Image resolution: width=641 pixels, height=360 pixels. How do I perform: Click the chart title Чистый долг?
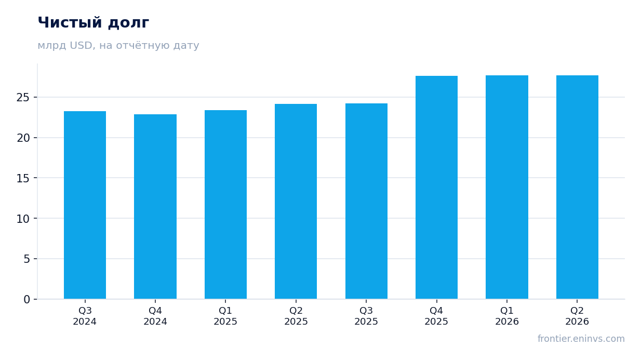[x=94, y=23]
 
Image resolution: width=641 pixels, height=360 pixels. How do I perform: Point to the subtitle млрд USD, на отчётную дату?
[x=118, y=46]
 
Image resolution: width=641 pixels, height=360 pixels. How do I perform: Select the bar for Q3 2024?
[x=85, y=205]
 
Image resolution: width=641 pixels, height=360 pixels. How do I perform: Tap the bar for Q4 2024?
[x=155, y=207]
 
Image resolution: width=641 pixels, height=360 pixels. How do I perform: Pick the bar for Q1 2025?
[x=225, y=205]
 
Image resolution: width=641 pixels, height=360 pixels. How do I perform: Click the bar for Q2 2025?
[x=296, y=202]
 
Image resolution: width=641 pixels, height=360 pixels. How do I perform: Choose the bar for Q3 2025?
[x=366, y=201]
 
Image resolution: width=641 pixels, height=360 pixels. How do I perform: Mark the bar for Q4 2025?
[x=437, y=188]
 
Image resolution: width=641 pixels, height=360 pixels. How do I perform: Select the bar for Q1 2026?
[x=507, y=187]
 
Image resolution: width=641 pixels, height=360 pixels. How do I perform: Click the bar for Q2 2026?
[x=577, y=187]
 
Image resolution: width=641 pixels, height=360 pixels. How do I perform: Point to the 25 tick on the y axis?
[x=23, y=98]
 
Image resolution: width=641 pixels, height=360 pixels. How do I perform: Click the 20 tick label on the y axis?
[x=23, y=138]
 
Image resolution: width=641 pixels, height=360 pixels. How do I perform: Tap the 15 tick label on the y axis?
[x=23, y=178]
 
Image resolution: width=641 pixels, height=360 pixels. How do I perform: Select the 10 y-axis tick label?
[x=23, y=219]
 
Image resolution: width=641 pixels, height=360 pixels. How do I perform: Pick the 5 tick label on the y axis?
[x=26, y=259]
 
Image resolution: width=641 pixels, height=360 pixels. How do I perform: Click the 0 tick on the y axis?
[x=26, y=300]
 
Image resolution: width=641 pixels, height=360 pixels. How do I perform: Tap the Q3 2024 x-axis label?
[x=85, y=316]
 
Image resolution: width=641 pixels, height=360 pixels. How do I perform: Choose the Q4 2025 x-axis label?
[x=436, y=316]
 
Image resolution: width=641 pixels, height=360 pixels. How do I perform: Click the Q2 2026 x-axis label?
[x=577, y=316]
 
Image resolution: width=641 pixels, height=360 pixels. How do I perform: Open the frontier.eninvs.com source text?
[x=581, y=339]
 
